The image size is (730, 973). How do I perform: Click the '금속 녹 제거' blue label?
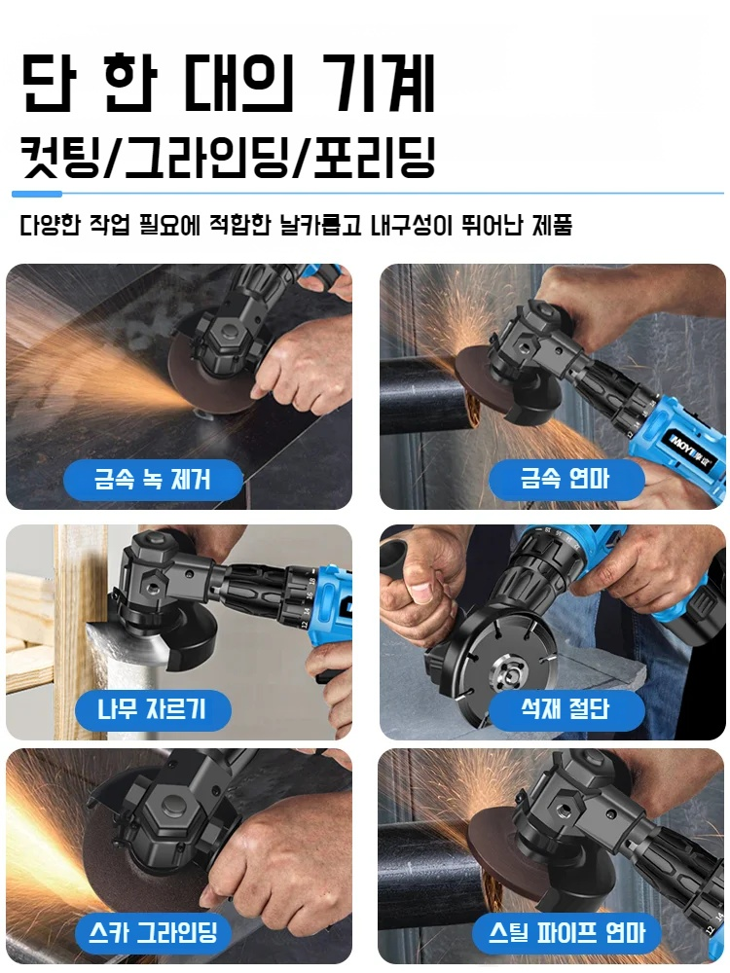pyautogui.click(x=153, y=479)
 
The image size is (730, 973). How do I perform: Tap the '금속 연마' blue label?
pyautogui.click(x=566, y=479)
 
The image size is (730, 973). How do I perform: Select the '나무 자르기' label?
pyautogui.click(x=153, y=709)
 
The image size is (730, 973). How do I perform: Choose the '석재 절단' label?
pyautogui.click(x=566, y=709)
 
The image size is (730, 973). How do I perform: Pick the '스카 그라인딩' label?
pyautogui.click(x=153, y=932)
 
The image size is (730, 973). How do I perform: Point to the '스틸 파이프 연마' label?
pyautogui.click(x=566, y=932)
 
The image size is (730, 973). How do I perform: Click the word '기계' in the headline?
pyautogui.click(x=380, y=83)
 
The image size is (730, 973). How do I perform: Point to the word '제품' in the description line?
pyautogui.click(x=552, y=225)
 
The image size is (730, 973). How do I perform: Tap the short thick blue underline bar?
pyautogui.click(x=37, y=195)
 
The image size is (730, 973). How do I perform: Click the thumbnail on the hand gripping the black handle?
pyautogui.click(x=424, y=593)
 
